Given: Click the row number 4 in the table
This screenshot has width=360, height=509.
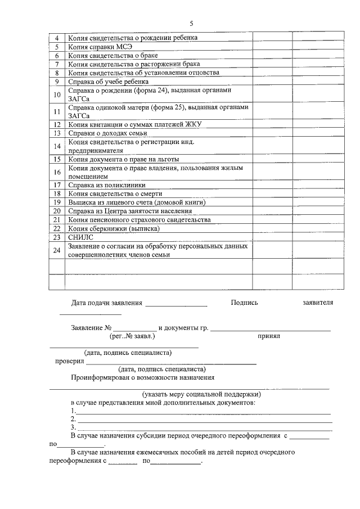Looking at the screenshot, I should coord(57,38).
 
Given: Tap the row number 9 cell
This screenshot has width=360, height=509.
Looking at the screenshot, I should coord(57,81).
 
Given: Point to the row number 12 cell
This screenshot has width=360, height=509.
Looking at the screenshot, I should coord(57,124).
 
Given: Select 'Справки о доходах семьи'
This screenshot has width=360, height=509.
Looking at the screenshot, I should coord(107,133).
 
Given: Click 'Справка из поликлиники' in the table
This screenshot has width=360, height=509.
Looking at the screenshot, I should coord(107,185).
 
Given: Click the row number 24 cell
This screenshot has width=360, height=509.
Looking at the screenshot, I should coord(57,250).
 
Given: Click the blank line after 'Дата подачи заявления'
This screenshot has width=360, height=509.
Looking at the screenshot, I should coord(176,304).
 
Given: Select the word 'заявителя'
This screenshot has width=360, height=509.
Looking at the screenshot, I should coord(317,303).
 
